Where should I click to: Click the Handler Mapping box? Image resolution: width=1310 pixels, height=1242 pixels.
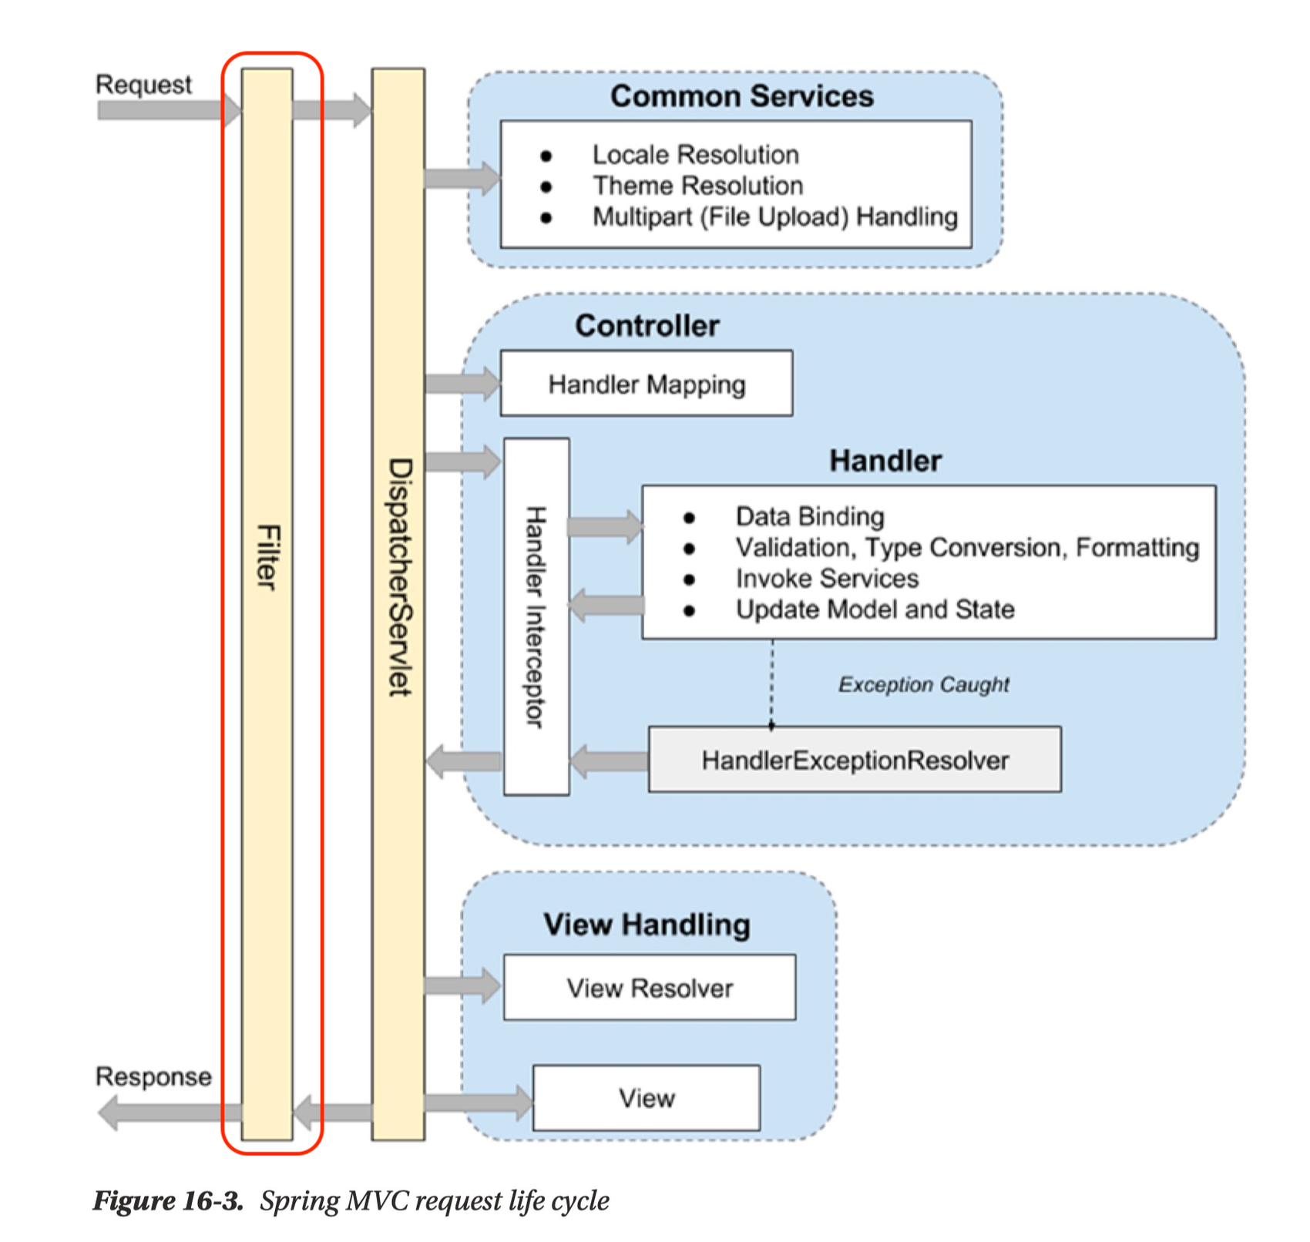tap(646, 384)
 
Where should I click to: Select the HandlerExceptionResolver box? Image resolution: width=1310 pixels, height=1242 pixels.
tap(854, 760)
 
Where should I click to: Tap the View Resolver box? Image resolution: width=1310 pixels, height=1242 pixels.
tap(649, 988)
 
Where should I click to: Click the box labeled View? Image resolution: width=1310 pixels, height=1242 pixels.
tap(646, 1098)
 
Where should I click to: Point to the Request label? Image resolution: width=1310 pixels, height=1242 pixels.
tap(143, 84)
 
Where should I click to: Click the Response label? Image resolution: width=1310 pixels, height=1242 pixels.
tap(153, 1076)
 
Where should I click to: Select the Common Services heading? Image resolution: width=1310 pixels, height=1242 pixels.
tap(741, 96)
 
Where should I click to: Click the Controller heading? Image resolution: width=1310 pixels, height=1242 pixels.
tap(647, 325)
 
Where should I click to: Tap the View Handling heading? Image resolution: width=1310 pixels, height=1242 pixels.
tap(646, 924)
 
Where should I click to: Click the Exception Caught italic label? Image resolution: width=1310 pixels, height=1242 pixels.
tap(923, 684)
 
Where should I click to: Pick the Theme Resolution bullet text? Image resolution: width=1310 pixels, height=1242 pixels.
tap(697, 186)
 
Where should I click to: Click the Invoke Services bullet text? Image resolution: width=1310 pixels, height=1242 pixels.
tap(827, 578)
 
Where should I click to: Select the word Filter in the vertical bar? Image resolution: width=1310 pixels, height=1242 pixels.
tap(267, 556)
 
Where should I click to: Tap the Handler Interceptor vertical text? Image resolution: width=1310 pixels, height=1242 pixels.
tap(536, 616)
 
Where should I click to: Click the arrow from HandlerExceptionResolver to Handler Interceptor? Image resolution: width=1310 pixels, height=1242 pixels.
tap(609, 761)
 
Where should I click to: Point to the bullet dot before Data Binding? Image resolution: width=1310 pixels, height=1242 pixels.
tap(689, 518)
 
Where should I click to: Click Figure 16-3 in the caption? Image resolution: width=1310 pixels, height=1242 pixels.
tap(168, 1200)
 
